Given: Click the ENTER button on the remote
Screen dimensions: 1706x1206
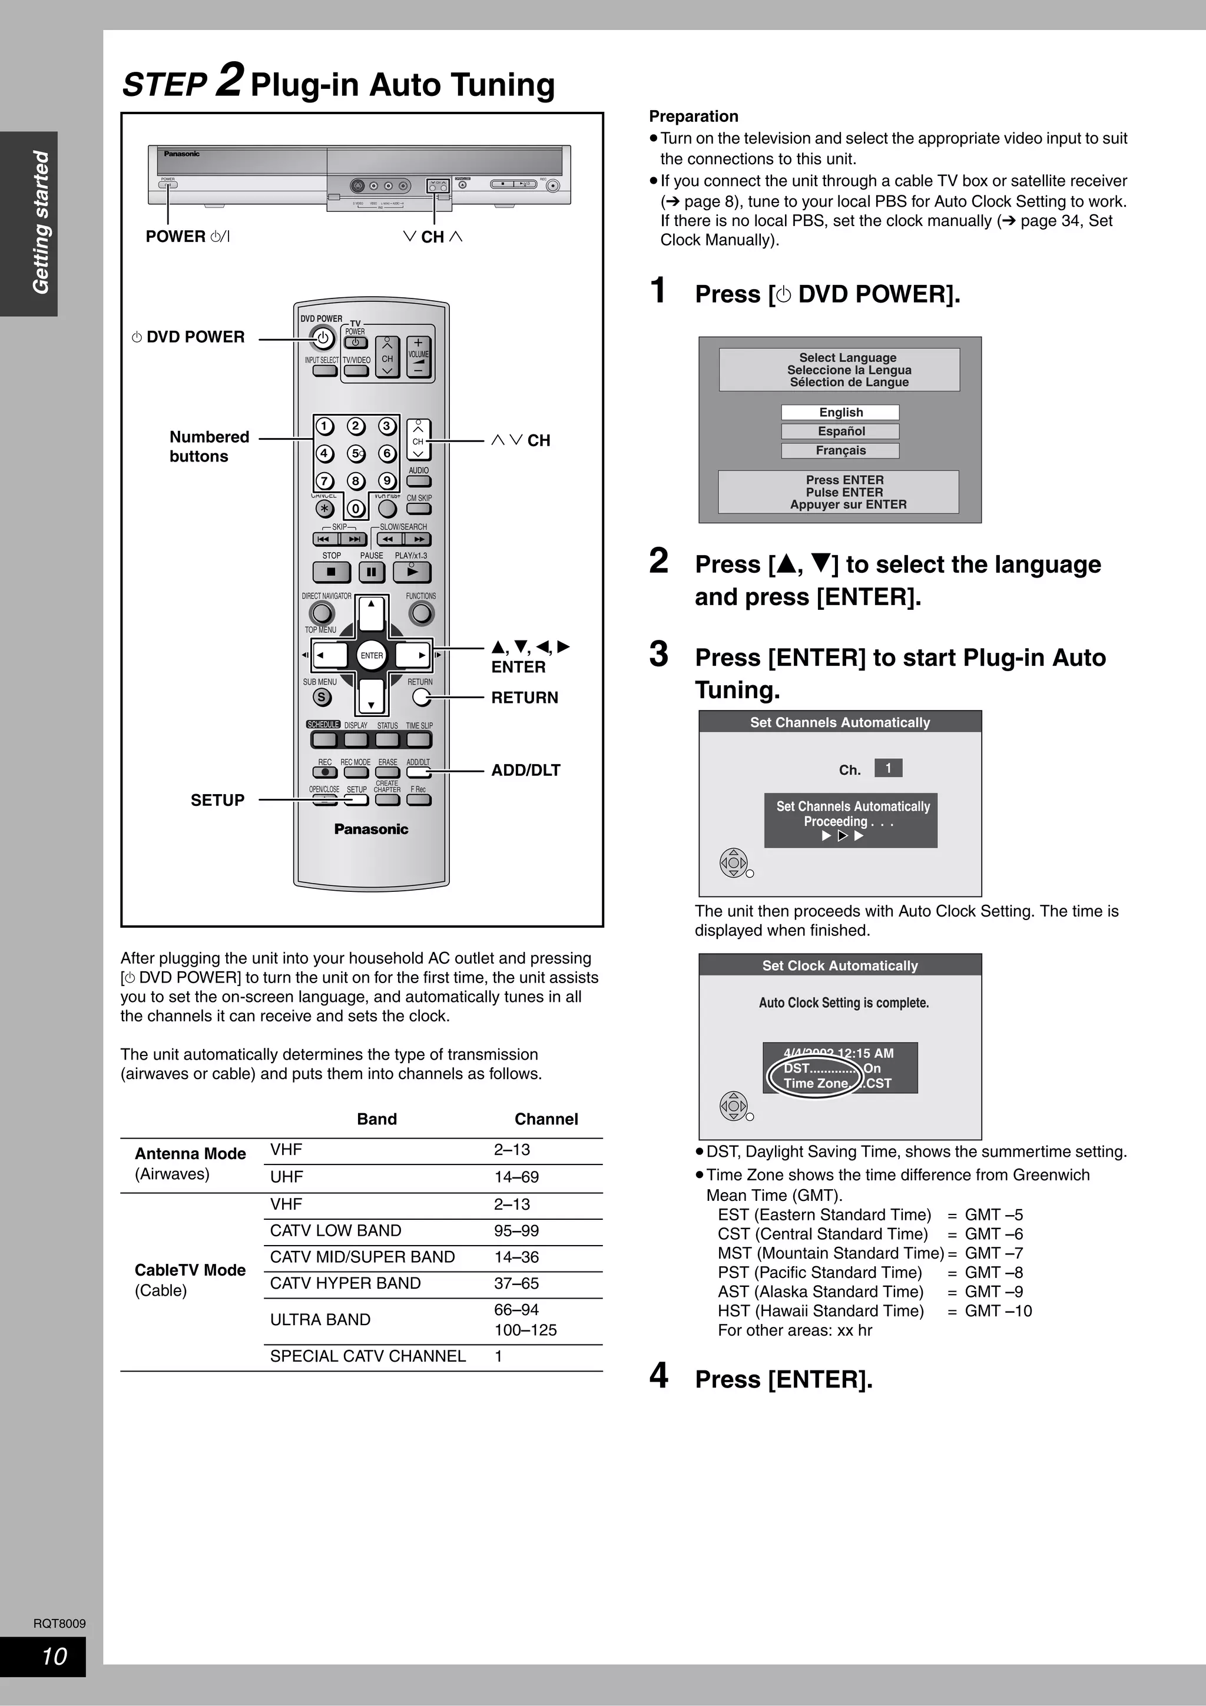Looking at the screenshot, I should pyautogui.click(x=372, y=655).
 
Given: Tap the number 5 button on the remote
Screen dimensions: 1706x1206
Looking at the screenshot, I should pyautogui.click(x=356, y=453).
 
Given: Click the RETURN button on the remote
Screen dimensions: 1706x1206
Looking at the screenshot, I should pyautogui.click(x=421, y=697).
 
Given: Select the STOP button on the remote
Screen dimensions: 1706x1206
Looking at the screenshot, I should pyautogui.click(x=332, y=572).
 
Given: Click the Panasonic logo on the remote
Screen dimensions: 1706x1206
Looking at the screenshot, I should pyautogui.click(x=371, y=829).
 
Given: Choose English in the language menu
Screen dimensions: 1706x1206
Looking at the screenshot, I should pyautogui.click(x=840, y=413).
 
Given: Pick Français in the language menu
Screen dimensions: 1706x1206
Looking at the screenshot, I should pyautogui.click(x=840, y=450).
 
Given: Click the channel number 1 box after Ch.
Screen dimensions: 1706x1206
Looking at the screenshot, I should pyautogui.click(x=888, y=768).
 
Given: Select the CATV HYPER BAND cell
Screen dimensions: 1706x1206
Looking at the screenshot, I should pyautogui.click(x=346, y=1283).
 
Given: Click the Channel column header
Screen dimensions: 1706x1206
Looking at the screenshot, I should pyautogui.click(x=546, y=1119).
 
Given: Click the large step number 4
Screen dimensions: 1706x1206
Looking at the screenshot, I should pyautogui.click(x=658, y=1375).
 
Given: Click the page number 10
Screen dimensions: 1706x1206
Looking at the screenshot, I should pyautogui.click(x=54, y=1656).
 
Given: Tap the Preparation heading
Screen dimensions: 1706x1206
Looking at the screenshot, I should pyautogui.click(x=693, y=116).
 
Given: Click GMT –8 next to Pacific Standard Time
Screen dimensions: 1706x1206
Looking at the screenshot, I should pyautogui.click(x=993, y=1273).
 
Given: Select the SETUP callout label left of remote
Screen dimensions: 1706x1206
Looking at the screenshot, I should pyautogui.click(x=217, y=800).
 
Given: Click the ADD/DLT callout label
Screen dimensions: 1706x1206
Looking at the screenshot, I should pyautogui.click(x=525, y=771).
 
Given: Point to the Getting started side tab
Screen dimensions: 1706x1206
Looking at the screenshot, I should pyautogui.click(x=40, y=223).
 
